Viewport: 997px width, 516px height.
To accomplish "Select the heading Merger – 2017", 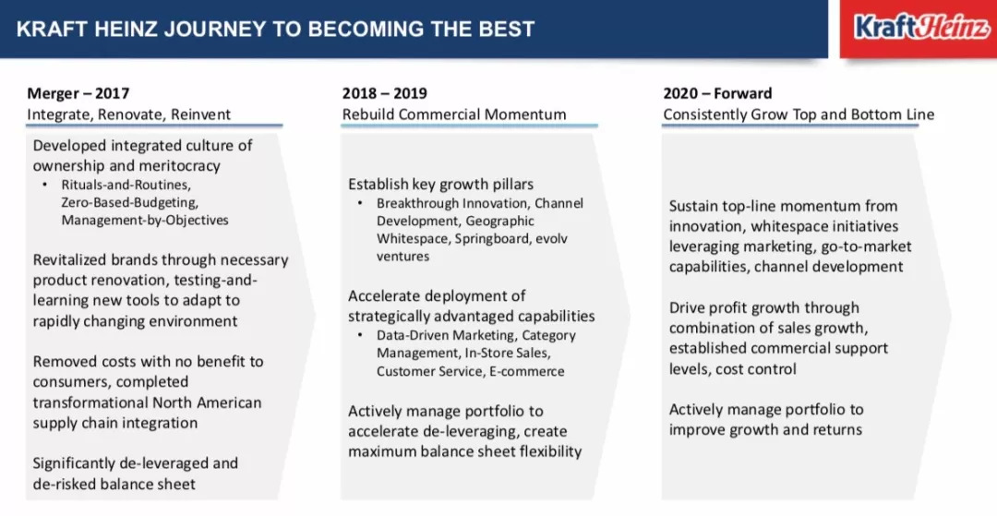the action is tap(78, 93).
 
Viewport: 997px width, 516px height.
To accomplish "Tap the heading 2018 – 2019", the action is tap(385, 93).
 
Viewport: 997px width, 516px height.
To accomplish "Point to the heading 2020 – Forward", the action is tap(717, 93).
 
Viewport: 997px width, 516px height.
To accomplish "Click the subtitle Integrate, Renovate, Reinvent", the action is tap(128, 114).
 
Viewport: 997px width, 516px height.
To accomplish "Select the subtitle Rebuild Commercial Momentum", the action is tap(454, 114).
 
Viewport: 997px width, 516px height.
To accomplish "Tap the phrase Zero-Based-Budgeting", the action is tap(130, 203).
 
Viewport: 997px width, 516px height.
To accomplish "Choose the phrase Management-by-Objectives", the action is tap(145, 221).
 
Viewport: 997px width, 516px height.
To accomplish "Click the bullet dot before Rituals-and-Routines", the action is tap(44, 185).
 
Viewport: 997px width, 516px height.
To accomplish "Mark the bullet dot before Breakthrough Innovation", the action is tap(359, 203).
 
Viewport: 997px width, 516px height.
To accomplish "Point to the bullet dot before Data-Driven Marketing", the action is tap(359, 335).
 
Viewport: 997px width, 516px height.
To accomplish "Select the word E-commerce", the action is tap(526, 371).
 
